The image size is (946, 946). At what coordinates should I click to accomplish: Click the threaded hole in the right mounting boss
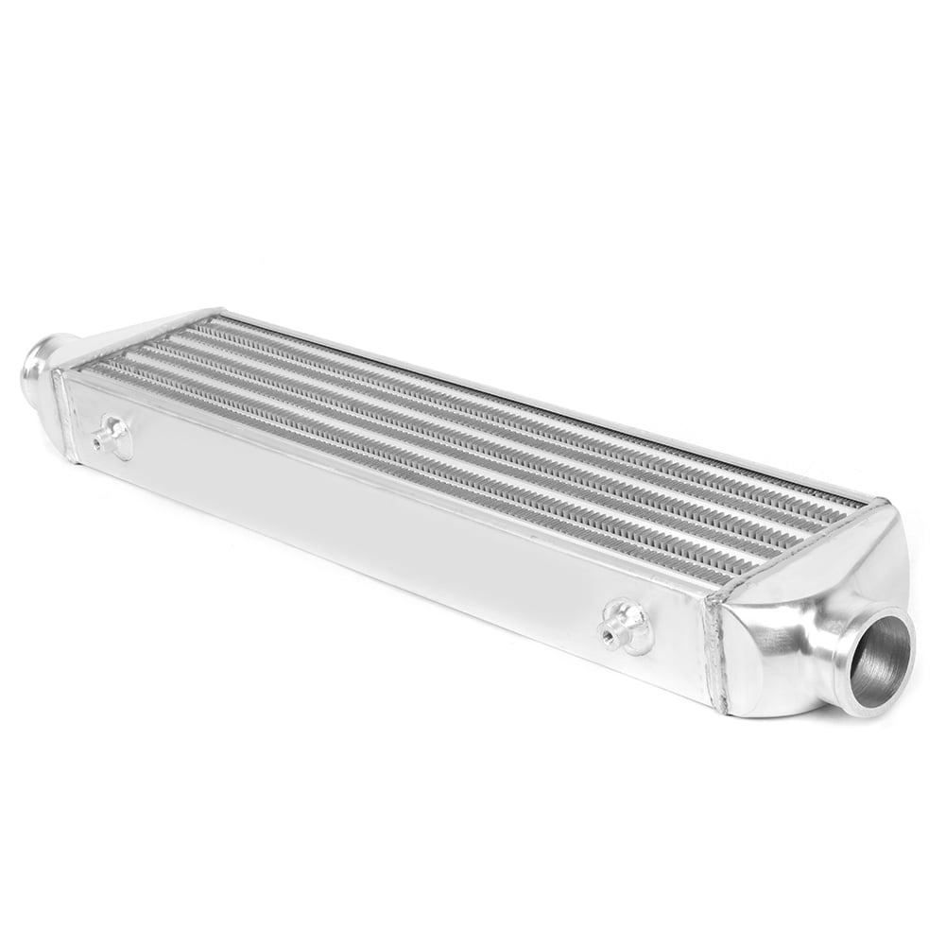[608, 632]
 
